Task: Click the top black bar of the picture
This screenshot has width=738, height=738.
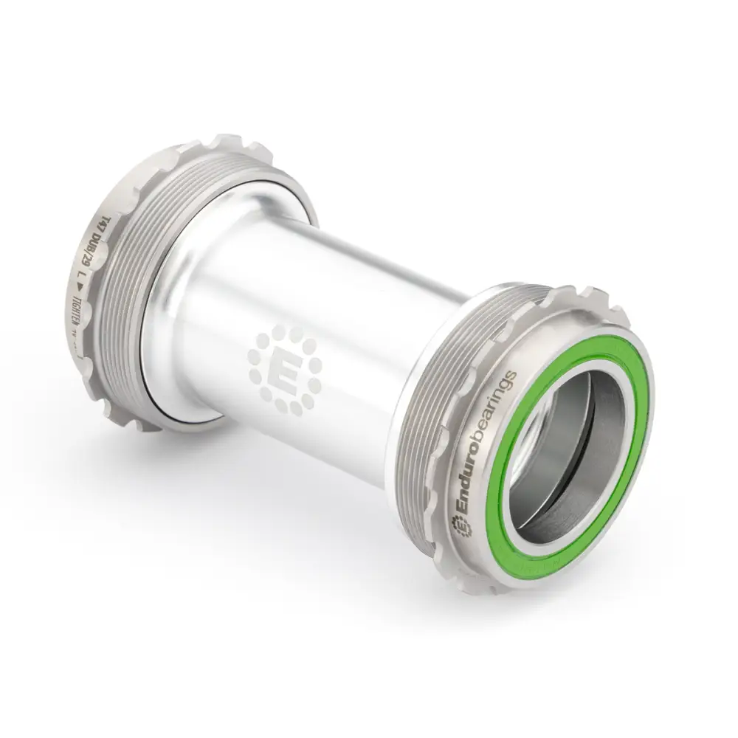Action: (369, 44)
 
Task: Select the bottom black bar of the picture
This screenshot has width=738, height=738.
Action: (369, 694)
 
